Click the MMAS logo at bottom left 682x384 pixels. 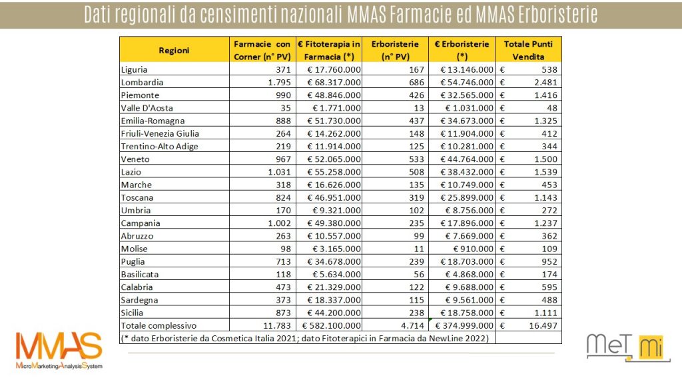point(59,351)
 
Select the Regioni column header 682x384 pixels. point(174,50)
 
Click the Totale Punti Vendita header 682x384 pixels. point(528,50)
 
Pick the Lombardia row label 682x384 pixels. point(143,82)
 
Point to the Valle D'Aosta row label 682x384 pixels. point(147,108)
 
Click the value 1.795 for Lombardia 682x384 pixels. point(279,82)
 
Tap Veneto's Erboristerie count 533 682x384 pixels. point(416,159)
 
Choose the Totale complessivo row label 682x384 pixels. point(159,325)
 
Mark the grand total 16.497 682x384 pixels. point(543,325)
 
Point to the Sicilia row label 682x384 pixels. point(133,313)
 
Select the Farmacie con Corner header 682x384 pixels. point(262,50)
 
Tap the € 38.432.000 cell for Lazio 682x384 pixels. point(467,172)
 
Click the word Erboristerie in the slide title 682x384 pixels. point(558,15)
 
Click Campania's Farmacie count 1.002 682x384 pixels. point(279,223)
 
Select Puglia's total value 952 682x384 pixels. point(549,261)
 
